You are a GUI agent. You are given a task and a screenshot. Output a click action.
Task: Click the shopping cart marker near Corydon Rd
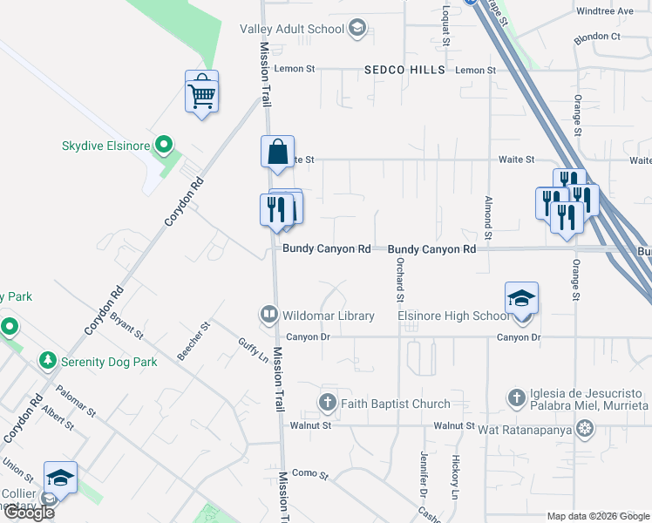click(201, 92)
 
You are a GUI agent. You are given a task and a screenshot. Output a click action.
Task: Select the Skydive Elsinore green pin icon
click(163, 145)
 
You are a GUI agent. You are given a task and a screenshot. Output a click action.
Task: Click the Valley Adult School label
click(292, 29)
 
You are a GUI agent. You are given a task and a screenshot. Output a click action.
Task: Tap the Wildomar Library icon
click(268, 315)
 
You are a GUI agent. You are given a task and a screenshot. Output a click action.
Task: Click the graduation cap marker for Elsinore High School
click(521, 300)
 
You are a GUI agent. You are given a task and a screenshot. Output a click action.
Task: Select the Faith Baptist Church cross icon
click(328, 403)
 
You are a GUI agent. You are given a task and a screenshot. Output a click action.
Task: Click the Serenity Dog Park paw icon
click(47, 361)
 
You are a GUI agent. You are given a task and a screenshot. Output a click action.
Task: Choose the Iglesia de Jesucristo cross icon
click(516, 398)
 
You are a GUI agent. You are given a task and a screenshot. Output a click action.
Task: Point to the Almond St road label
click(489, 218)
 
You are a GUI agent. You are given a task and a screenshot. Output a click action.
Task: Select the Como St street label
click(309, 476)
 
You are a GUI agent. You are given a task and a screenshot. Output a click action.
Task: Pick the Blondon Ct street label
click(596, 37)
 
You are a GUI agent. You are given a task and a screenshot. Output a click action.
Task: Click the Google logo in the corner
click(29, 513)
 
